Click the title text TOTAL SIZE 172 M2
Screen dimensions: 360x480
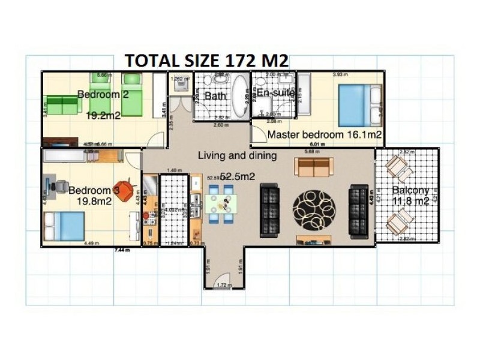point(206,61)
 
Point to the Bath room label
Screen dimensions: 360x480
point(214,96)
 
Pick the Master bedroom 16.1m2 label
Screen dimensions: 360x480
point(325,135)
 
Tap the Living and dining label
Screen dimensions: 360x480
point(238,156)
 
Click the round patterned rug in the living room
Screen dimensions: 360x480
point(314,210)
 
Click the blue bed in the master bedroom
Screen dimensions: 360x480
point(359,106)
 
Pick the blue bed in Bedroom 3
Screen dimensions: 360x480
point(63,226)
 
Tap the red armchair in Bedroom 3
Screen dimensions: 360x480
point(124,191)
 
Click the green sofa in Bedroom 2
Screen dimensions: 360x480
point(62,104)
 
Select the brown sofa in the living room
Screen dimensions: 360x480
point(313,167)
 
